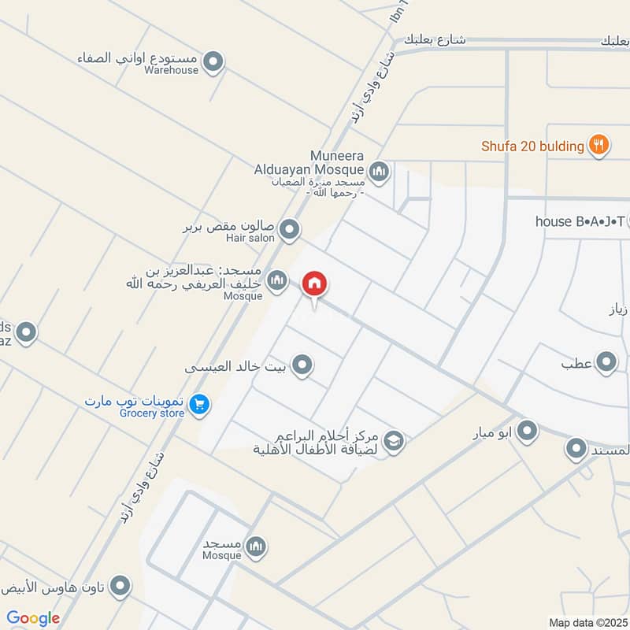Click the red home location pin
tap(315, 284)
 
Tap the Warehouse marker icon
tap(213, 61)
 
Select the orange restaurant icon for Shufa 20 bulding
tap(599, 145)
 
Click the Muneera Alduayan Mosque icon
tap(379, 170)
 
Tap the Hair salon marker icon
tap(290, 230)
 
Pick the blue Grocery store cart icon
tap(199, 404)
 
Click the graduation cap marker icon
tap(394, 441)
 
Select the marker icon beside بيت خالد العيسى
tap(302, 365)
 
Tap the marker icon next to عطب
tap(606, 363)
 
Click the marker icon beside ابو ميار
tap(527, 431)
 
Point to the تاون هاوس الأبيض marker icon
tap(120, 585)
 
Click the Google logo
tap(33, 618)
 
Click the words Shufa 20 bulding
tap(533, 146)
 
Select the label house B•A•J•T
tap(580, 221)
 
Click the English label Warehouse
tap(171, 70)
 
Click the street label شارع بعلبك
tap(435, 39)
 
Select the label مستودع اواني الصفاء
tap(139, 58)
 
